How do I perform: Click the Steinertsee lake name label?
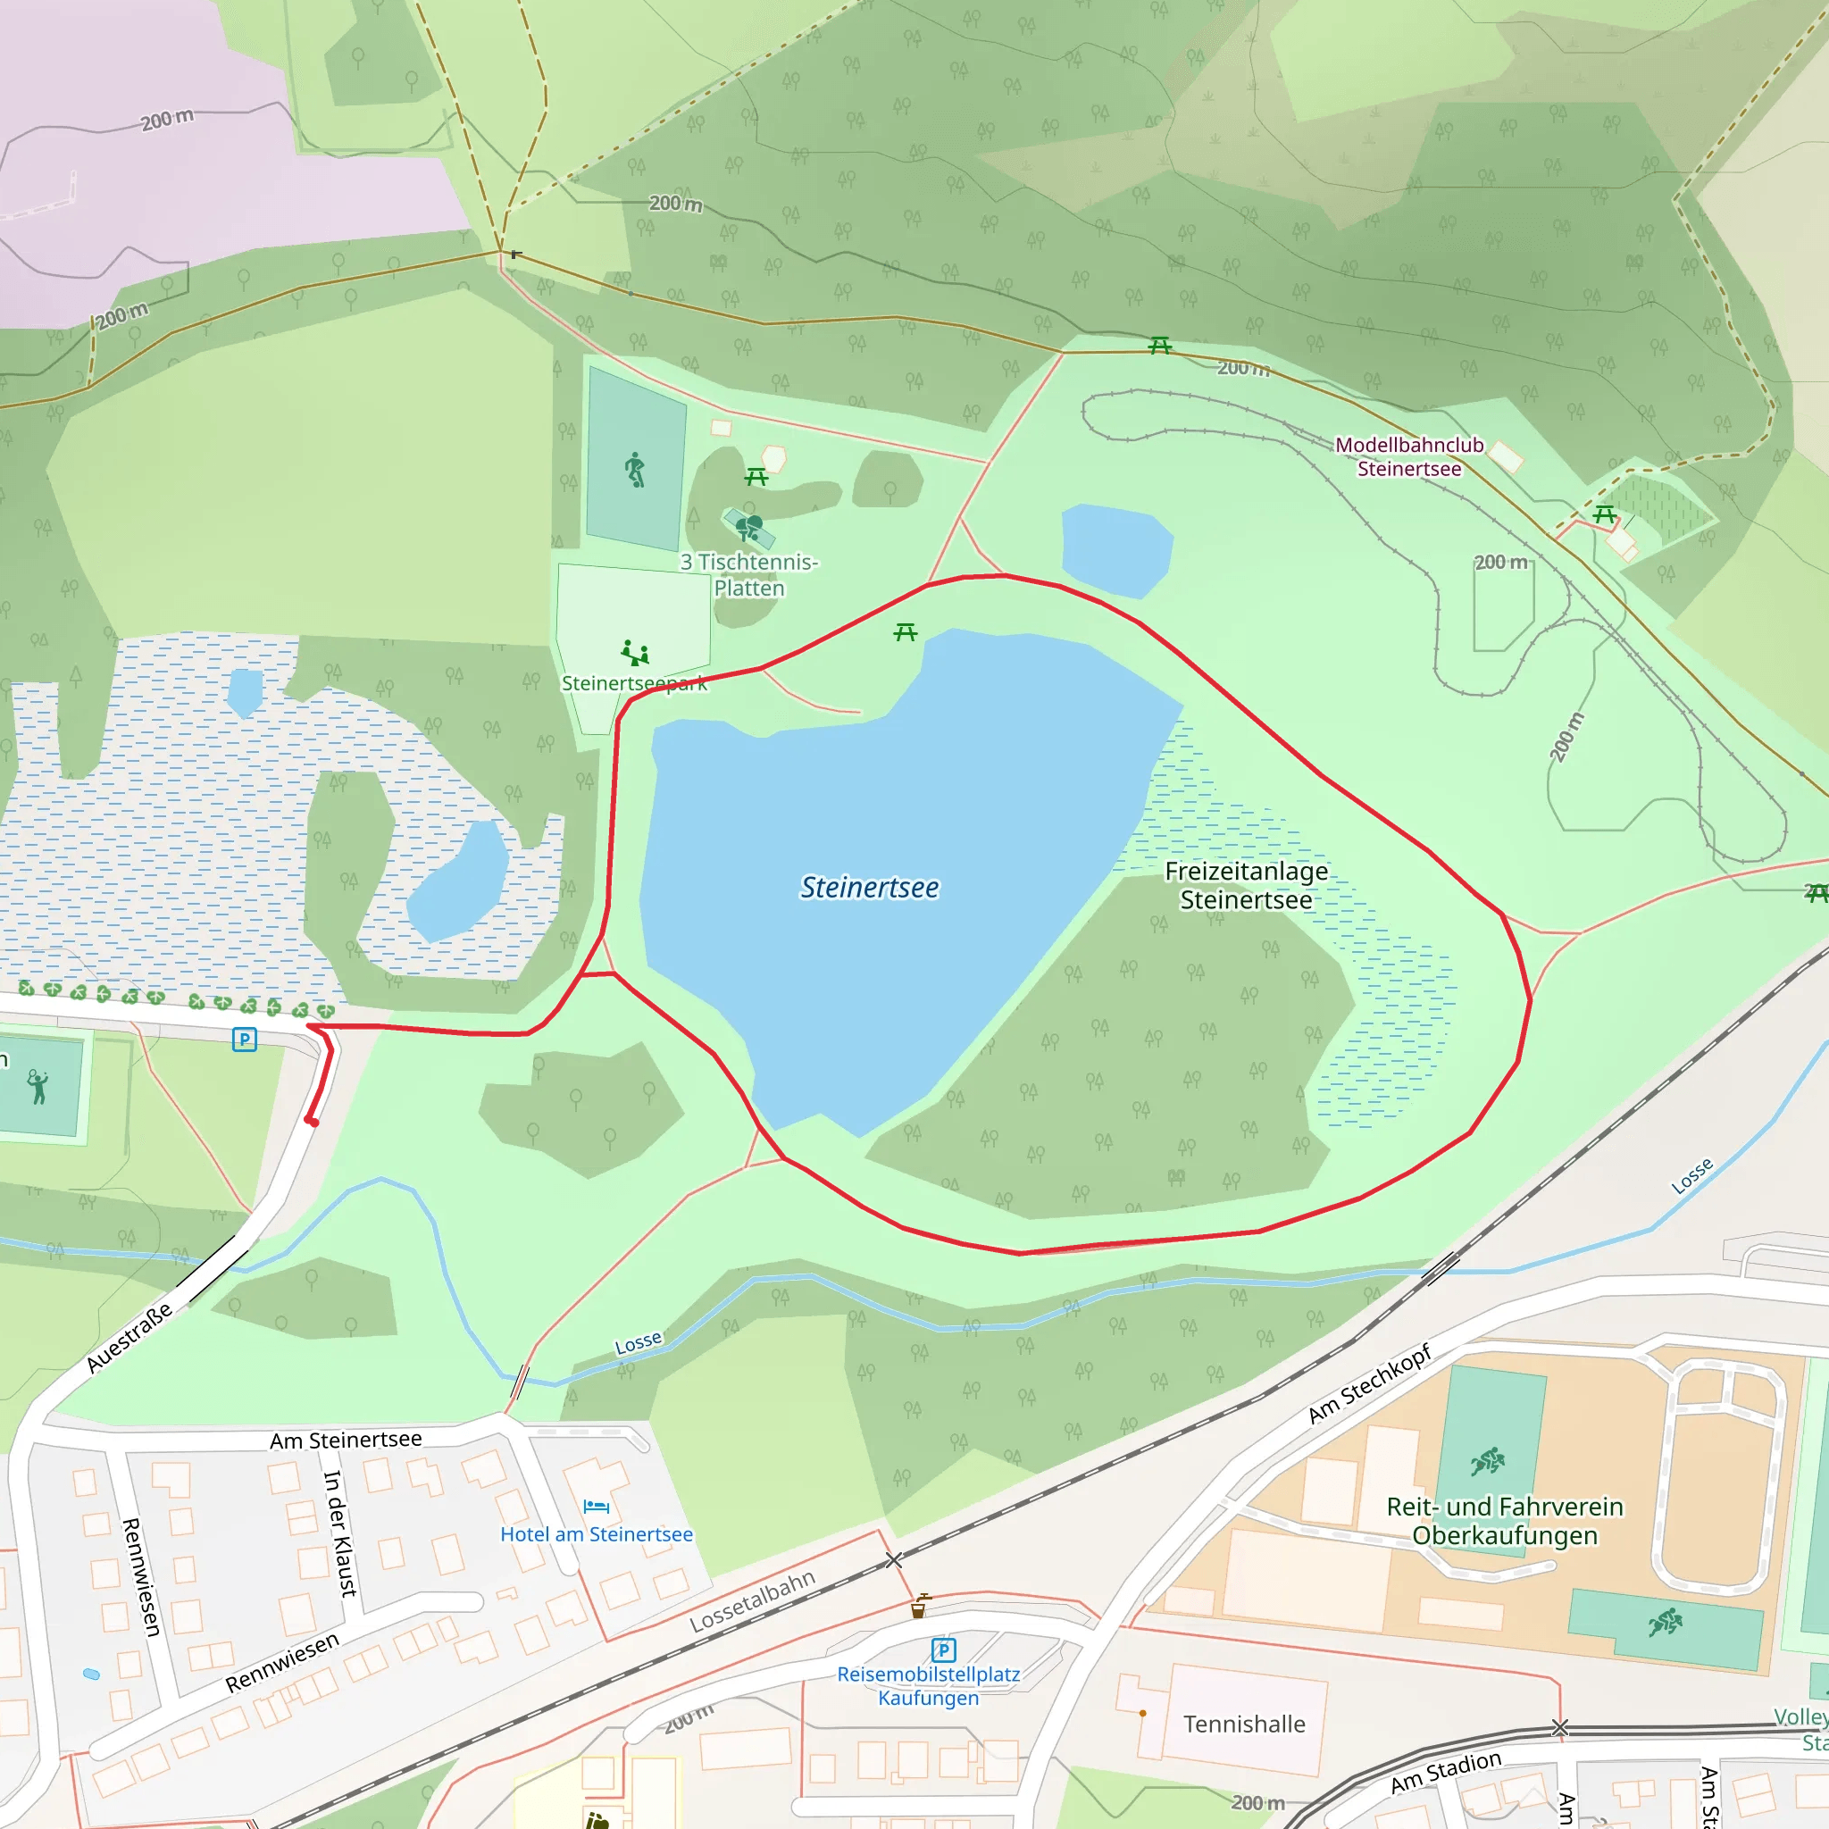point(869,887)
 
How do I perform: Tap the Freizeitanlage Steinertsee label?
point(1246,885)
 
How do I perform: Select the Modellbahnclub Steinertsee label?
point(1408,456)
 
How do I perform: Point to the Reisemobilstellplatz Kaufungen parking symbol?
point(943,1650)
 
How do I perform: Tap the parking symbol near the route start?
point(244,1040)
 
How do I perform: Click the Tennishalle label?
point(1244,1724)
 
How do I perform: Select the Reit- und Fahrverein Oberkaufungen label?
point(1504,1520)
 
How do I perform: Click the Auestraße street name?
point(129,1337)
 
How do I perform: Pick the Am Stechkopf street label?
point(1369,1383)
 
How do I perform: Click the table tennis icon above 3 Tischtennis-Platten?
point(748,526)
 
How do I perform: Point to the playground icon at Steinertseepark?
point(634,652)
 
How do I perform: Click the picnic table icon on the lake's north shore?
point(905,631)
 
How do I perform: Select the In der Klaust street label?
point(340,1533)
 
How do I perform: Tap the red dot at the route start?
point(312,1122)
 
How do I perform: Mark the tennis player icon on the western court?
point(37,1087)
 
